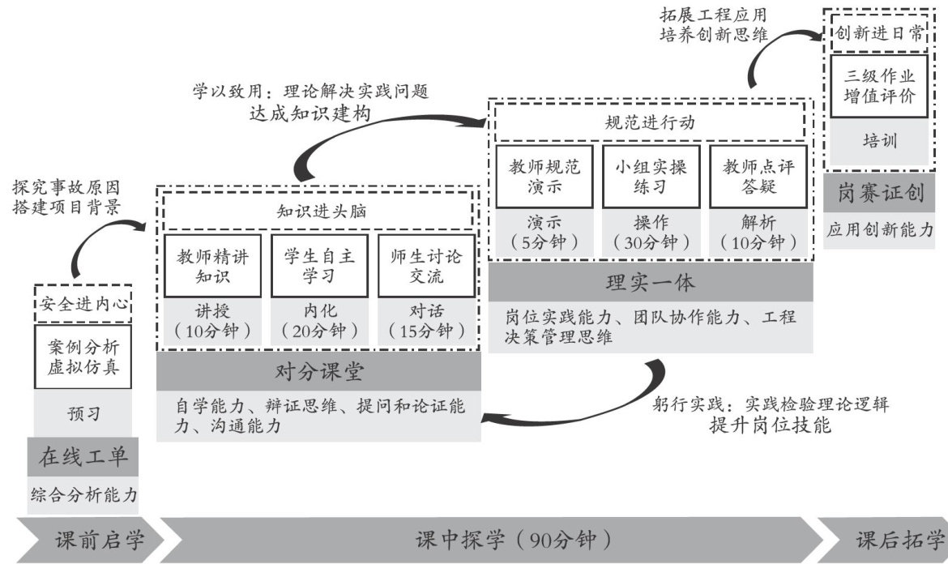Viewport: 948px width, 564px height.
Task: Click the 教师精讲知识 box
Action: [x=212, y=267]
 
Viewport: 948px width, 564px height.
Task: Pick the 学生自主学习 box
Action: [x=318, y=267]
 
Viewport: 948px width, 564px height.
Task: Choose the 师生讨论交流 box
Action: [x=425, y=267]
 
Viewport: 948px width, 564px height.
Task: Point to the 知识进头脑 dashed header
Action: [x=318, y=211]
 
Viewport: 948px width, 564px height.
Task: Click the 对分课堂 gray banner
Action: [x=318, y=372]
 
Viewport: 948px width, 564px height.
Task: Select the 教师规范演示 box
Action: [x=544, y=177]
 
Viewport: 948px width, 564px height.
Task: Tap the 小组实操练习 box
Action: [x=651, y=177]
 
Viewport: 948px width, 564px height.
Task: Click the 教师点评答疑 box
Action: [x=758, y=177]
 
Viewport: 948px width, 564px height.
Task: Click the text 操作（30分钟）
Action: [x=651, y=232]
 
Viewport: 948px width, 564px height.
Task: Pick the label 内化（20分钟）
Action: [x=318, y=321]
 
